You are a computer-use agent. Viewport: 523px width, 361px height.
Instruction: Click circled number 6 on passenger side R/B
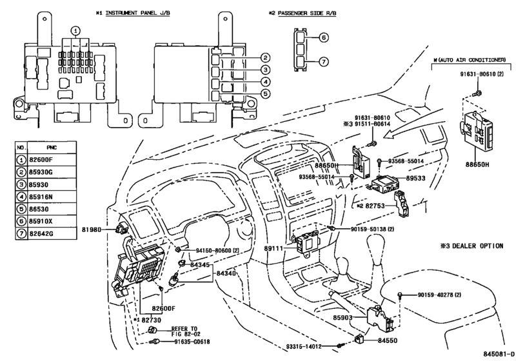coord(323,37)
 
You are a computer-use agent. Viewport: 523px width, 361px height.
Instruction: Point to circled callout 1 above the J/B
coord(76,31)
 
